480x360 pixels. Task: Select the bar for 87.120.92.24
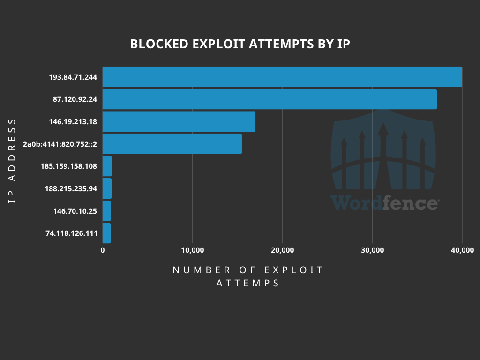click(270, 99)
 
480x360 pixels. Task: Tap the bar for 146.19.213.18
click(179, 121)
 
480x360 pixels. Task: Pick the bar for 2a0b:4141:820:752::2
click(172, 144)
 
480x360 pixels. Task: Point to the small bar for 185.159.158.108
click(107, 166)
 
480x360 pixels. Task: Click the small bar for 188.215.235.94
click(107, 188)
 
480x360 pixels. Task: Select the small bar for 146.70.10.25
click(107, 211)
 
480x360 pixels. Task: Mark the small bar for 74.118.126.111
click(107, 233)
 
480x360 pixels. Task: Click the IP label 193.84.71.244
click(73, 77)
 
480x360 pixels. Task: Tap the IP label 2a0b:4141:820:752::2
click(60, 144)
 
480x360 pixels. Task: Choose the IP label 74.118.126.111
click(71, 233)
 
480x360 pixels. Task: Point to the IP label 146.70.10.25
click(75, 211)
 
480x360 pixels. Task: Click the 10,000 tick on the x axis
click(192, 250)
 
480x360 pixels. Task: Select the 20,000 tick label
click(282, 250)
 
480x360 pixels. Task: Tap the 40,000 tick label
click(462, 250)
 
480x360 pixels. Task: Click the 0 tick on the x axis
click(103, 250)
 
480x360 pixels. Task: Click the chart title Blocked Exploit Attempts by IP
click(240, 44)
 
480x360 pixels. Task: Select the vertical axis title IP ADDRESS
click(12, 160)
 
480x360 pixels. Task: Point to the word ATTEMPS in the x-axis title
click(248, 284)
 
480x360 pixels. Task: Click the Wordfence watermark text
click(384, 203)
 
